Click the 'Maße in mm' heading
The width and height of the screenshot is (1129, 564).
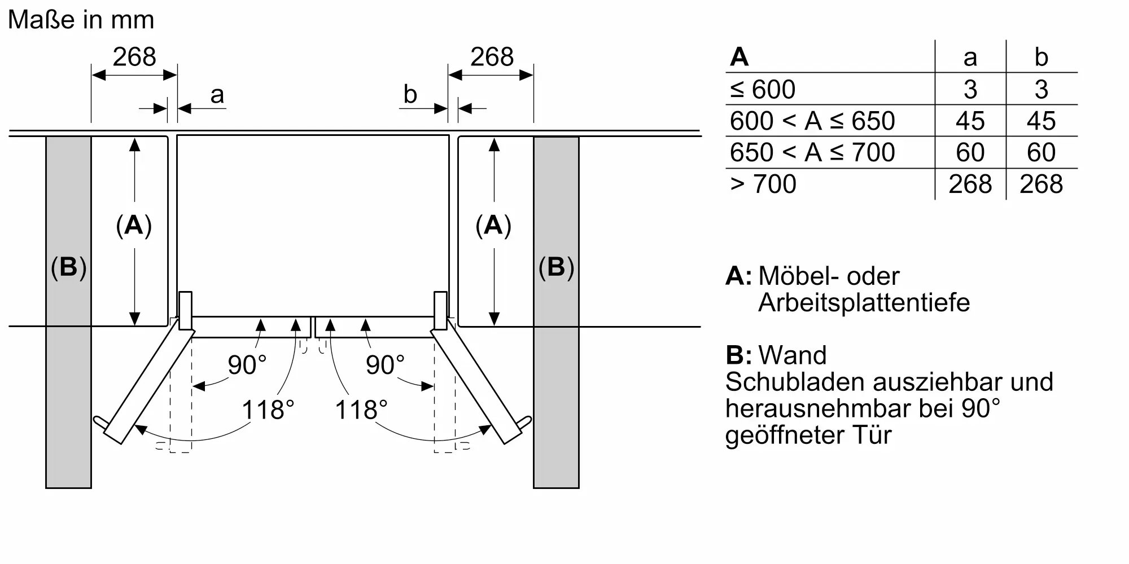pyautogui.click(x=81, y=20)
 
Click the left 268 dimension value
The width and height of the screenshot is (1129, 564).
pyautogui.click(x=134, y=57)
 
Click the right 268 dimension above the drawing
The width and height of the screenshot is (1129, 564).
pyautogui.click(x=492, y=57)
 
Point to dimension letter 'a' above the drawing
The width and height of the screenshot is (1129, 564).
pyautogui.click(x=217, y=95)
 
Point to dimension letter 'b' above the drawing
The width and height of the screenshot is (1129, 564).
pyautogui.click(x=410, y=95)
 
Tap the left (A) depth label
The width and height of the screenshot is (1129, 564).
pyautogui.click(x=134, y=226)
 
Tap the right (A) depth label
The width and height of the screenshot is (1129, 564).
pyautogui.click(x=493, y=226)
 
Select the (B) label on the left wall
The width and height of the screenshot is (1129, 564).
pyautogui.click(x=68, y=267)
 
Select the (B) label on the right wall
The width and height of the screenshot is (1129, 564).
pyautogui.click(x=556, y=267)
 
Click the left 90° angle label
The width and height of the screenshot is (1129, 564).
pyautogui.click(x=247, y=365)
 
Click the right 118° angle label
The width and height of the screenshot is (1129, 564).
pyautogui.click(x=361, y=410)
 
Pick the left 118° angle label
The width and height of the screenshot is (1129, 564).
pyautogui.click(x=268, y=410)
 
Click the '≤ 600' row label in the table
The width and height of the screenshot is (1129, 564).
pyautogui.click(x=763, y=89)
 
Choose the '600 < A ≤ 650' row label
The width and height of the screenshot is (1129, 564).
pyautogui.click(x=812, y=121)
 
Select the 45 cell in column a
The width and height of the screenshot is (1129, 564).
pyautogui.click(x=970, y=121)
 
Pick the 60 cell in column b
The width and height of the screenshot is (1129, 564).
pyautogui.click(x=1041, y=153)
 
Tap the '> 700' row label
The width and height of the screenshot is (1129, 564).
pyautogui.click(x=763, y=184)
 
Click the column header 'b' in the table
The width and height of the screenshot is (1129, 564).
pyautogui.click(x=1041, y=58)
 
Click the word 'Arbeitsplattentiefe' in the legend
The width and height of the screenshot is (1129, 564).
pyautogui.click(x=864, y=303)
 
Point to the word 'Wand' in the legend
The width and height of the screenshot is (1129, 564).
pyautogui.click(x=793, y=355)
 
